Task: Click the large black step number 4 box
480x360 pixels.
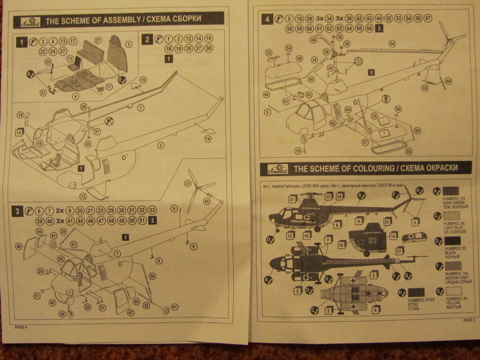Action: coord(268,19)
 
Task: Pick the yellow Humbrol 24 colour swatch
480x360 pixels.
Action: coord(454,291)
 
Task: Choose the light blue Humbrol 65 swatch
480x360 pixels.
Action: coord(452,216)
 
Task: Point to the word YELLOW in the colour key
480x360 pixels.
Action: coord(453,303)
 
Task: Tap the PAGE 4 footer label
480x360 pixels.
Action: coord(21,327)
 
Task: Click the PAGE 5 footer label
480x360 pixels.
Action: coord(469,320)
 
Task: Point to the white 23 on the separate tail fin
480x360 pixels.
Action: coord(372,240)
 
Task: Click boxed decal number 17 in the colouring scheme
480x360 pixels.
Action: coord(399,251)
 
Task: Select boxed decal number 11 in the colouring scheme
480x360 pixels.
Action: coord(329,197)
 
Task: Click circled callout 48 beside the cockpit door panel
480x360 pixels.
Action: coord(19,247)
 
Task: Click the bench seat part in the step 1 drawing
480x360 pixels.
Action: coord(92,52)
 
